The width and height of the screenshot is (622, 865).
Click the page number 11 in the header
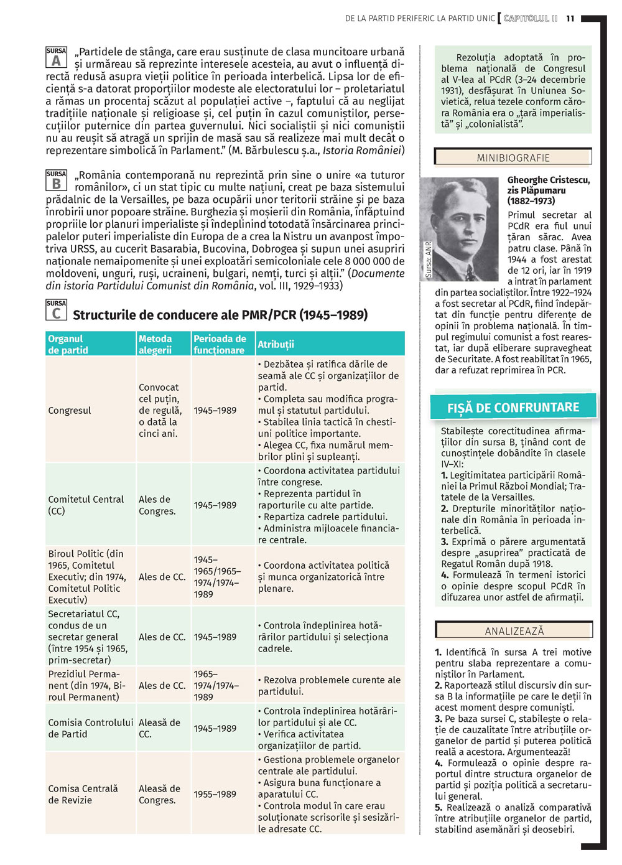pos(570,19)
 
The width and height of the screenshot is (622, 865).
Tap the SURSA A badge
pos(56,57)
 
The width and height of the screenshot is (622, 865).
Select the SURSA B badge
pos(56,180)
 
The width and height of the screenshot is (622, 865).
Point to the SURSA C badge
pos(56,310)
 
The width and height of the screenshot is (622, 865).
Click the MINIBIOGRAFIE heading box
pos(513,157)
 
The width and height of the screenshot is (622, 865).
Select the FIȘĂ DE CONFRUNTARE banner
pos(513,408)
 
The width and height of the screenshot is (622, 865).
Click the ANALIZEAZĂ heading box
pos(514,630)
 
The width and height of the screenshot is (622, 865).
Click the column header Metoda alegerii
pos(155,344)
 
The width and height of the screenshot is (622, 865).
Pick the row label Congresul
pos(70,411)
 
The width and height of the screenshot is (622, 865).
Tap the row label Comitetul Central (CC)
pos(86,505)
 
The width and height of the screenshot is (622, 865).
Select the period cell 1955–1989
pos(215,794)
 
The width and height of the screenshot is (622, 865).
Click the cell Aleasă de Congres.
pos(159,794)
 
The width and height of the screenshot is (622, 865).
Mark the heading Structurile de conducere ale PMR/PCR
pos(220,315)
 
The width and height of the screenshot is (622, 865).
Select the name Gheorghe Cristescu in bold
pos(548,180)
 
